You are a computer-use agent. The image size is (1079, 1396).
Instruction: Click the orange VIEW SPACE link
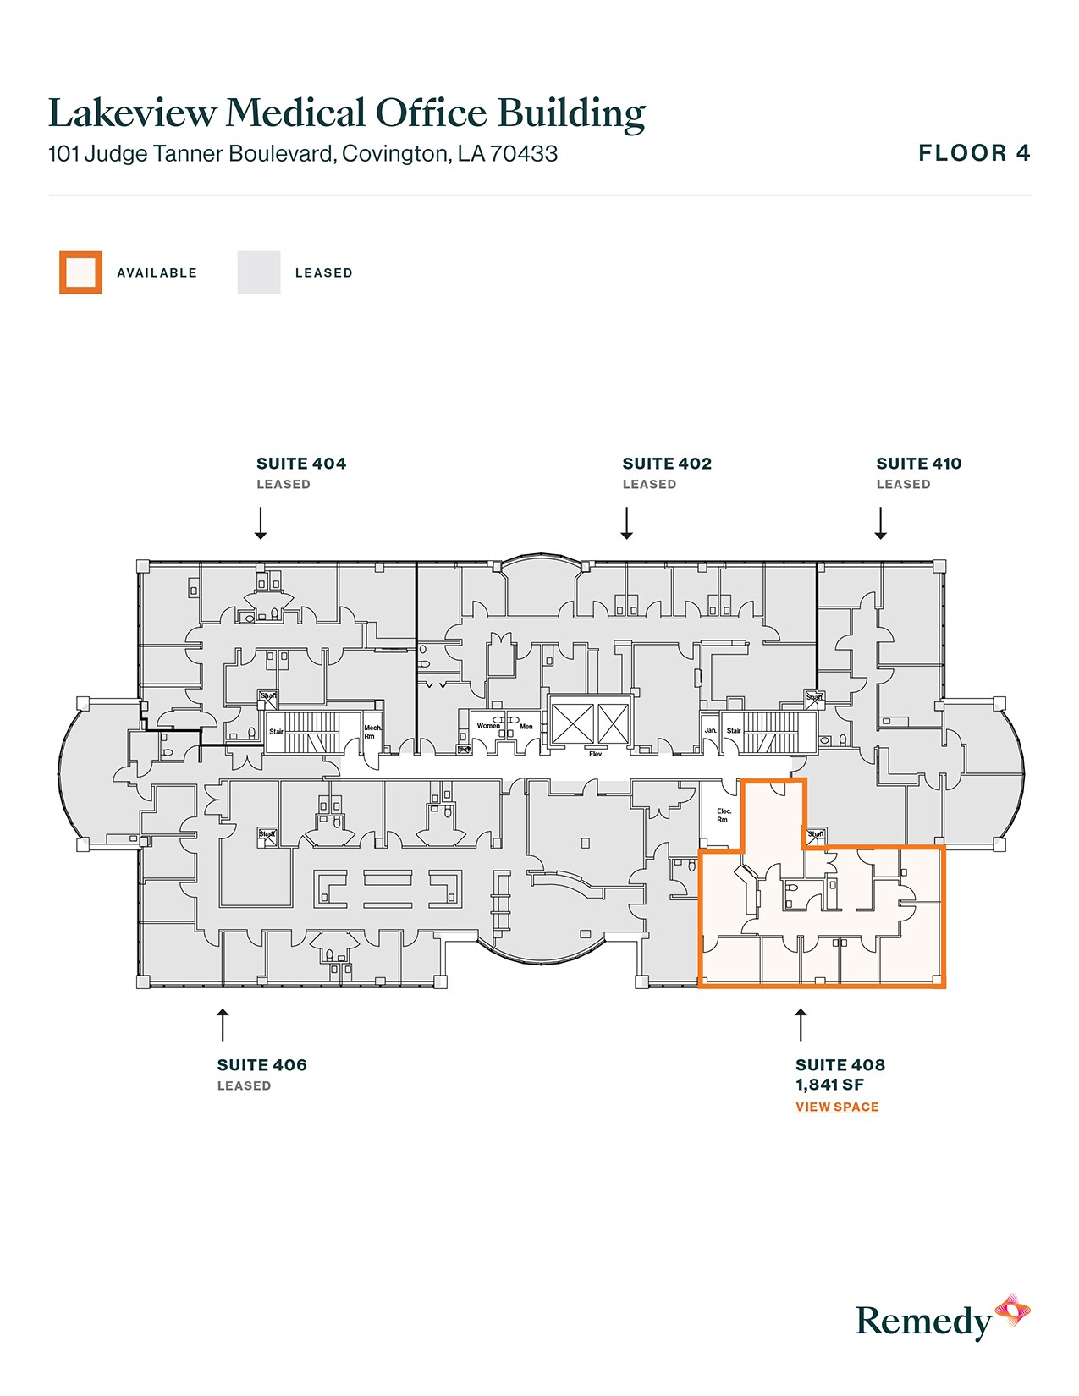coord(837,1107)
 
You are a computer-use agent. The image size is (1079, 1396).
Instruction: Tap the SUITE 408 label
coord(840,1065)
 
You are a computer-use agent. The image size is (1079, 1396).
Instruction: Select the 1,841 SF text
coord(829,1085)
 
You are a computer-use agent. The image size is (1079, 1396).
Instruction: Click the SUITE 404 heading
coord(301,464)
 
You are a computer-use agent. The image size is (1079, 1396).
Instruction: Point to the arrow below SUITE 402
coord(627,523)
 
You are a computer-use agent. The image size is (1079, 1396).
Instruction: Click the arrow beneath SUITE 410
coord(880,523)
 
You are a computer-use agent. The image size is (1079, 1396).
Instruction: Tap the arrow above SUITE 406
coord(223,1025)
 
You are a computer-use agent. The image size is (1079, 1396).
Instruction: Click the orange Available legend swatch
coord(80,272)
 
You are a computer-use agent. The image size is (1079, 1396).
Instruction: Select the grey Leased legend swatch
coord(259,272)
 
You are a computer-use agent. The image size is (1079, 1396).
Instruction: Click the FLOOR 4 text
coord(974,153)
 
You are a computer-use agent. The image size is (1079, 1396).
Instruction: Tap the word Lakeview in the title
coord(132,113)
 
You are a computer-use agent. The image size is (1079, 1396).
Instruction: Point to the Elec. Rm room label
coord(724,815)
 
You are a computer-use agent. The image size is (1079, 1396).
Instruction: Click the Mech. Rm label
coord(372,732)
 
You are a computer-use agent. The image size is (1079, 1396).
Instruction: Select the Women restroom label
coord(488,726)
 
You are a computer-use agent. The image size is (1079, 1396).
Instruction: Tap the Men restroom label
coord(526,727)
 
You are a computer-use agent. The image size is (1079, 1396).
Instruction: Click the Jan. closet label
coord(711,730)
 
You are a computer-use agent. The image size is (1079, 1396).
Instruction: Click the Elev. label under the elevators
coord(596,754)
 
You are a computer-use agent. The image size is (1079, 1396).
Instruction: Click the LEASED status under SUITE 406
coord(244,1086)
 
